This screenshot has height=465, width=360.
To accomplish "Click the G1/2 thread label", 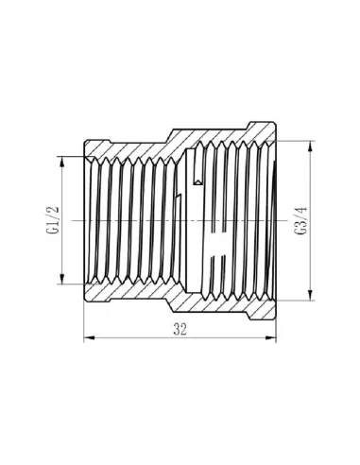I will coord(53,219).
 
